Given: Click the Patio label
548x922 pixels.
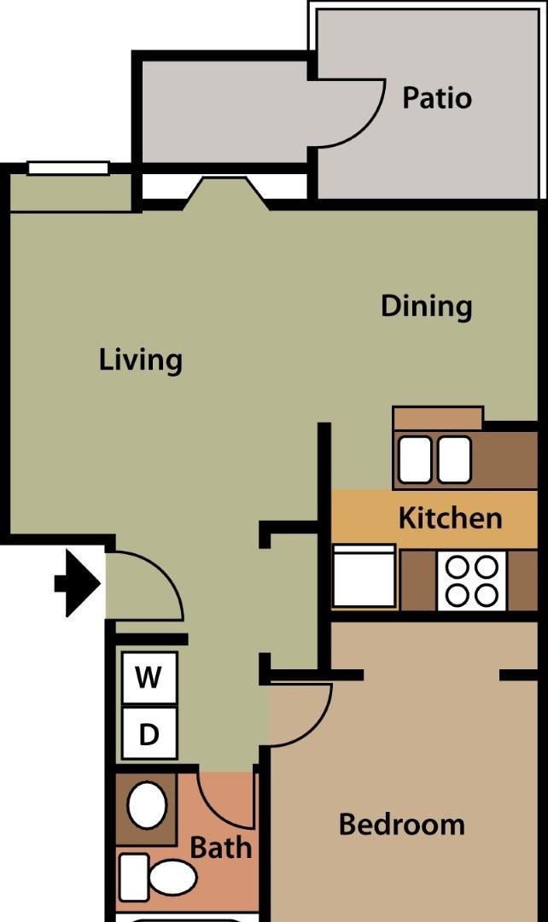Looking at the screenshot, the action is coord(437,97).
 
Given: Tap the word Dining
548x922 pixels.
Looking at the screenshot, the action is coord(426,306).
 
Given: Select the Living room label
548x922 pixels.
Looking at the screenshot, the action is coord(141,360).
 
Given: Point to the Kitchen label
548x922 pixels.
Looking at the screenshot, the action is coord(451,518).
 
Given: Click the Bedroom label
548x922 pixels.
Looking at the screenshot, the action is coord(401,825).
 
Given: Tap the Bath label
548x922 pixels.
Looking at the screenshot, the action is coord(221,848).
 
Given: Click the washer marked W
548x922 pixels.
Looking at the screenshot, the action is coord(149,677).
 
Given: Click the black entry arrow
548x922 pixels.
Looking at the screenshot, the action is coord(78,583).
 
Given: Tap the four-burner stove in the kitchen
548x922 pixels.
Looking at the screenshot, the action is coord(471,581).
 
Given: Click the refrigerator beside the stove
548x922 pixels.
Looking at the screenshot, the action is coord(364,575).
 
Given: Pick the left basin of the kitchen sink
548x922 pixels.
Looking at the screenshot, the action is coord(415,459).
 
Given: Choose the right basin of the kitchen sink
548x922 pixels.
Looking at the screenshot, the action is coord(454,459).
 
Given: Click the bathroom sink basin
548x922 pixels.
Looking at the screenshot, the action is coord(147,805).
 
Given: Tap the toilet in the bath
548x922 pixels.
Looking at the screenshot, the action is coord(158,878).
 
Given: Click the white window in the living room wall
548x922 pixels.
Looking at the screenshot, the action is coord(69,168).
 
